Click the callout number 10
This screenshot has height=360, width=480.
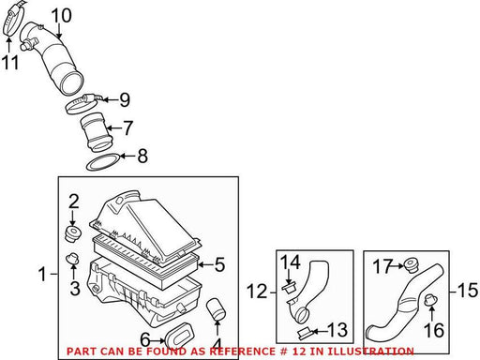click(x=61, y=16)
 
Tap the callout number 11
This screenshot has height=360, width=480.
click(x=10, y=62)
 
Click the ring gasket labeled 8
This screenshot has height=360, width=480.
click(x=103, y=162)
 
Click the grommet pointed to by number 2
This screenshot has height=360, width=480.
click(x=73, y=234)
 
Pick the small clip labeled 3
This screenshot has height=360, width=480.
click(x=72, y=259)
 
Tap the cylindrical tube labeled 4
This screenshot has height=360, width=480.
click(x=216, y=309)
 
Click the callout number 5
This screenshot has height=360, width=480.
click(x=220, y=264)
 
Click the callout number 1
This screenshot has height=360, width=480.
click(x=43, y=274)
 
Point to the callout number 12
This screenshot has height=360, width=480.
click(x=257, y=292)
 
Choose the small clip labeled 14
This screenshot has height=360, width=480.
click(x=290, y=287)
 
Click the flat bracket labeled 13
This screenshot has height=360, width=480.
click(x=305, y=333)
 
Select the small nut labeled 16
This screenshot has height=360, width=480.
click(x=430, y=301)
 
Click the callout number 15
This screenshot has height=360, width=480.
click(x=468, y=291)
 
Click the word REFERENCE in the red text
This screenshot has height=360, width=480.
click(x=242, y=352)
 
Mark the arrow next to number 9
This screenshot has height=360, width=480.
click(x=110, y=100)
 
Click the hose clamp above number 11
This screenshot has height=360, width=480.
click(x=12, y=18)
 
